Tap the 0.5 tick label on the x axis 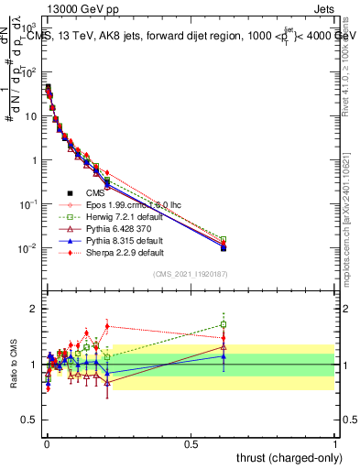(191, 442)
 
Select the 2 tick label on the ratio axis (33, 308)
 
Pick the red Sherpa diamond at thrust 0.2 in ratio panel (107, 325)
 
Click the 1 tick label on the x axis (335, 442)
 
